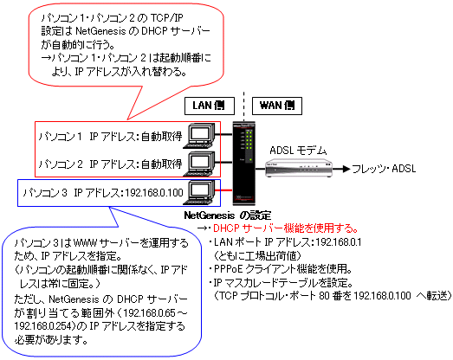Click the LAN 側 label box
(x=210, y=106)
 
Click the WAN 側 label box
(x=277, y=106)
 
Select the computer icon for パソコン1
(x=199, y=136)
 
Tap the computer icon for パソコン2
(x=199, y=164)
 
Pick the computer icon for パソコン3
(x=199, y=192)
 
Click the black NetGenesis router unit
(x=244, y=164)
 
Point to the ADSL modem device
(x=299, y=167)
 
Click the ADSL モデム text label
(x=298, y=151)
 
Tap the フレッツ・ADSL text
(x=384, y=169)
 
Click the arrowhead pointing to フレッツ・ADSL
(x=346, y=169)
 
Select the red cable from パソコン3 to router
(x=223, y=190)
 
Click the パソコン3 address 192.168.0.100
(x=154, y=193)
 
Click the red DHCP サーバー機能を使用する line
(x=286, y=228)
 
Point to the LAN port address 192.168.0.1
(x=339, y=242)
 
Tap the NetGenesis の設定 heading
(x=228, y=215)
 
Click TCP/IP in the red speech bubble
(x=167, y=18)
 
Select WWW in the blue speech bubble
(x=85, y=243)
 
